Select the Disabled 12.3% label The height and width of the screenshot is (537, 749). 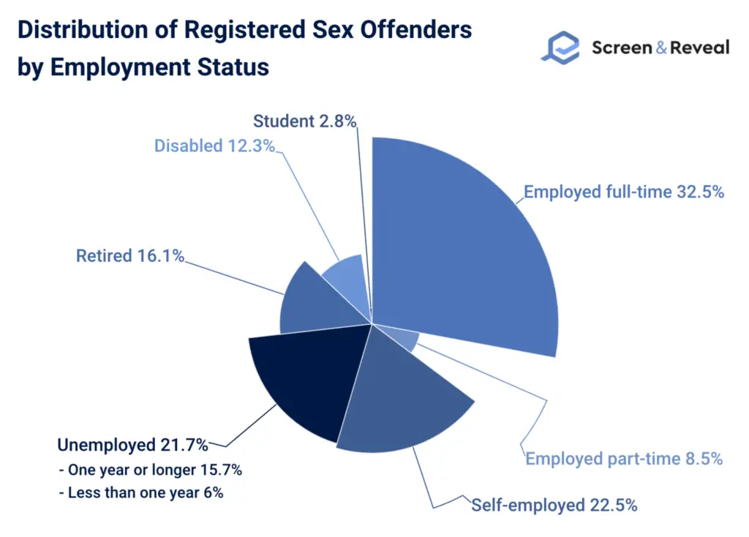point(214,146)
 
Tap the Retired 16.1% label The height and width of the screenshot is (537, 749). point(130,256)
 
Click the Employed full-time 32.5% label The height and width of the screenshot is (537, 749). point(624,192)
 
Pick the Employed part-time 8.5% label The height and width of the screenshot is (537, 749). point(624,459)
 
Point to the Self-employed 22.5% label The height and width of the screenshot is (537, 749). point(554,505)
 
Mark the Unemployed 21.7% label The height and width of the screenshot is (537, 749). point(132,445)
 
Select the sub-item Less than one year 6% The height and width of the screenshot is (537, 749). point(140,492)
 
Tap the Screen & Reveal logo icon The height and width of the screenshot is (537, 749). point(560,47)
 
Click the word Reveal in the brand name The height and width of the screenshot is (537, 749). point(696,48)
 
